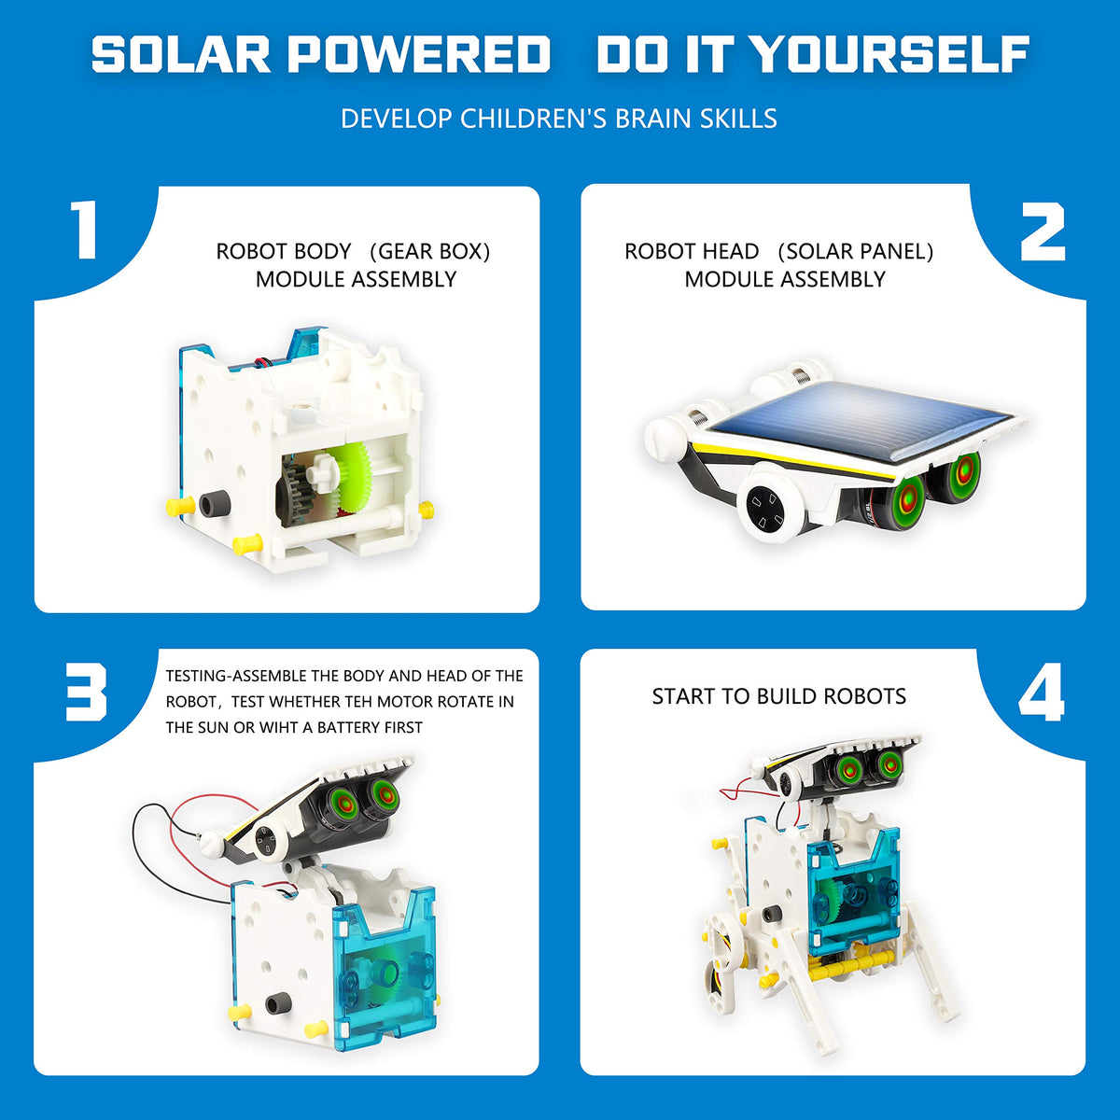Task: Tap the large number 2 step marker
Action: (x=1042, y=233)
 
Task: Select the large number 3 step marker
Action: (x=86, y=693)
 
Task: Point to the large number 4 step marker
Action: (x=1042, y=695)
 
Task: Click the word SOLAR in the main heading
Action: (x=176, y=55)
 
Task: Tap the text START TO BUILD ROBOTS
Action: (x=778, y=697)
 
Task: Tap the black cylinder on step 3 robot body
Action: (x=276, y=1004)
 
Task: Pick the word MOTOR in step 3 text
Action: (x=406, y=702)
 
